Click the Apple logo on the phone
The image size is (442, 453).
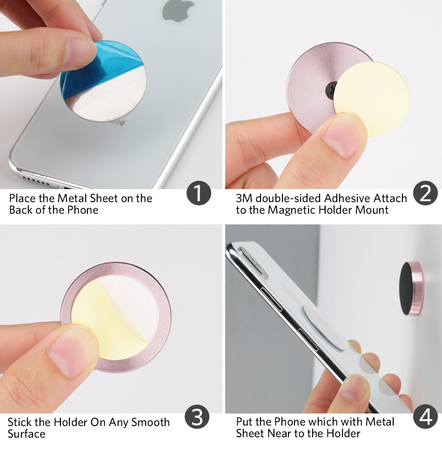click(178, 10)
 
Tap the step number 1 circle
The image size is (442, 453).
click(199, 194)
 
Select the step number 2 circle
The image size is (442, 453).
click(425, 194)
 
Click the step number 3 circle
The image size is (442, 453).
click(197, 417)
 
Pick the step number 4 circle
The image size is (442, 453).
click(426, 417)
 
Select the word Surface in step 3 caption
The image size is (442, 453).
click(27, 434)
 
